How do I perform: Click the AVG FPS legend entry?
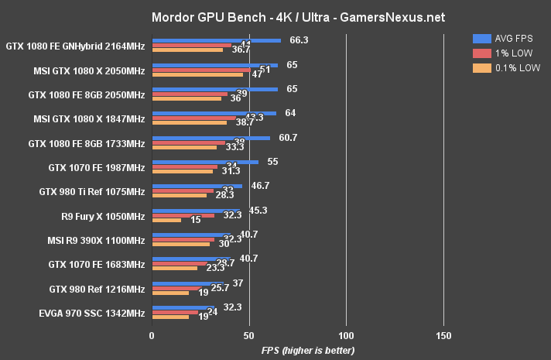[x=512, y=37]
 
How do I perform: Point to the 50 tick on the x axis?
[x=249, y=335]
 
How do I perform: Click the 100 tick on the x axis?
[x=346, y=335]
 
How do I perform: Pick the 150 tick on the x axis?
[x=443, y=335]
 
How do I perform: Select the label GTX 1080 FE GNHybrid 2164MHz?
[x=75, y=46]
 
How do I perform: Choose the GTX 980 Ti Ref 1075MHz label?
[x=92, y=191]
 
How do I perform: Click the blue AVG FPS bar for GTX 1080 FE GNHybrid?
[x=217, y=40]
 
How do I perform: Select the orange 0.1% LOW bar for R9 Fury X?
[x=167, y=221]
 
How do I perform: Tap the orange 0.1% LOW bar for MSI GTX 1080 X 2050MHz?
[x=198, y=75]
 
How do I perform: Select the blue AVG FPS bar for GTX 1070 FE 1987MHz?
[x=206, y=162]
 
